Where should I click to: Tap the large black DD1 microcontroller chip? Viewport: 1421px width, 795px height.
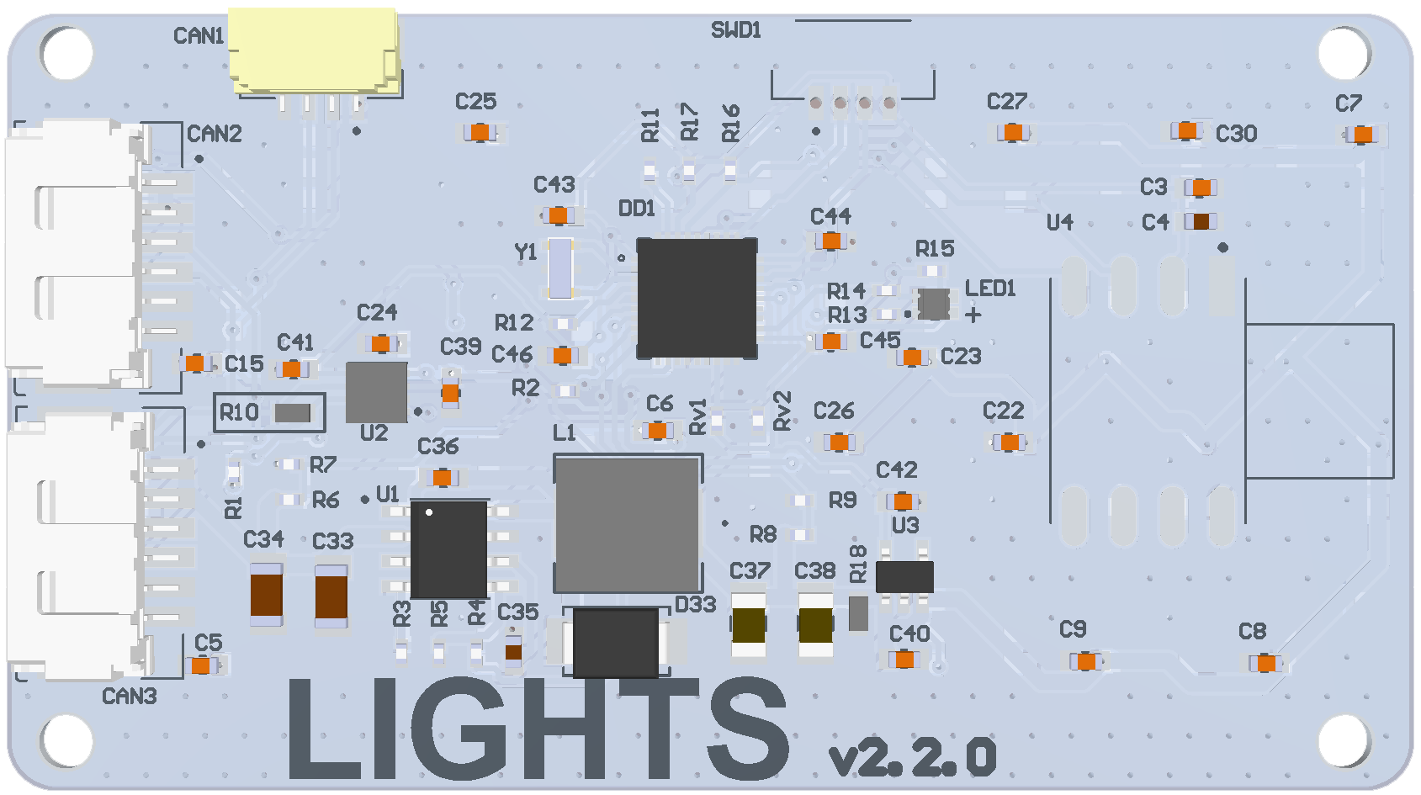click(x=697, y=297)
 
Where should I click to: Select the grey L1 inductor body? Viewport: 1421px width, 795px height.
click(x=628, y=523)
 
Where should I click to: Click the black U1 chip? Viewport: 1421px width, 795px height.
click(x=448, y=549)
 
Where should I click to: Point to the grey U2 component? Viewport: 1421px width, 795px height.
click(x=376, y=392)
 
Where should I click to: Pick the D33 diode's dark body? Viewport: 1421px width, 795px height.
click(x=616, y=641)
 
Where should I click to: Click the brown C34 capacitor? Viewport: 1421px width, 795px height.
click(x=267, y=595)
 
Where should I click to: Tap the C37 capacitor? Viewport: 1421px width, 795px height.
click(x=748, y=625)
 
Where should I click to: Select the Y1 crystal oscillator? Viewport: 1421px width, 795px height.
click(x=560, y=268)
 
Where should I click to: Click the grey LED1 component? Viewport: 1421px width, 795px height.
click(x=933, y=304)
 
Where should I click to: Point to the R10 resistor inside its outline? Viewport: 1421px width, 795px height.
click(x=293, y=413)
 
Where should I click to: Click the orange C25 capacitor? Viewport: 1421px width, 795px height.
click(x=480, y=132)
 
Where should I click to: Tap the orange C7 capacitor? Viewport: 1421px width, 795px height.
click(x=1363, y=135)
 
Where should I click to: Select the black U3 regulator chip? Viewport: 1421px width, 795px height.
click(x=904, y=577)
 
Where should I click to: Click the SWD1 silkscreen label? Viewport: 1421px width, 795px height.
click(x=736, y=31)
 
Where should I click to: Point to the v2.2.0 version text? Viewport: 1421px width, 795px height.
click(x=913, y=757)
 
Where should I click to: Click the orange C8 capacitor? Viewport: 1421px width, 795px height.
click(x=1265, y=664)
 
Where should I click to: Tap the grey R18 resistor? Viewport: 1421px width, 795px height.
click(x=858, y=613)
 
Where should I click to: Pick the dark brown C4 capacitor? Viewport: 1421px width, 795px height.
click(x=1201, y=221)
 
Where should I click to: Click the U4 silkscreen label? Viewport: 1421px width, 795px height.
click(x=1060, y=222)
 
